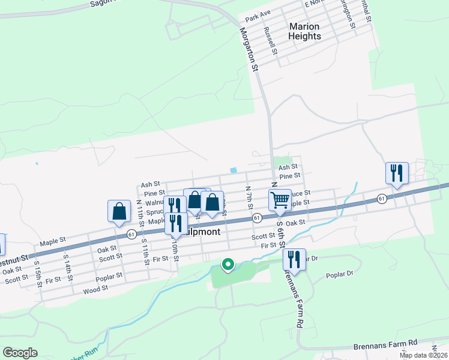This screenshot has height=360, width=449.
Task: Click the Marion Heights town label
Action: (305, 31)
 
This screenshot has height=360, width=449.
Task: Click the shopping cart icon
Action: (280, 200)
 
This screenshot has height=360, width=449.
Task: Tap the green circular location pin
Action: (228, 264)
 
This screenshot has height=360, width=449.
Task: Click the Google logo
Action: (20, 353)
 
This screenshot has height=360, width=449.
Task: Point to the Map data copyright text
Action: (424, 355)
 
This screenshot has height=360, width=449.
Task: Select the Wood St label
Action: (95, 289)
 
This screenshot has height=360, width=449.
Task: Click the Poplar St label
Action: (110, 277)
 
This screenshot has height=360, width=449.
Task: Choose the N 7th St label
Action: (249, 198)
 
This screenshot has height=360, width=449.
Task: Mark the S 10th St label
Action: (173, 246)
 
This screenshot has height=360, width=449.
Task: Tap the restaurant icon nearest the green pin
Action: (294, 259)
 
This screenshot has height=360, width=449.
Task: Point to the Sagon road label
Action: (102, 4)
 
